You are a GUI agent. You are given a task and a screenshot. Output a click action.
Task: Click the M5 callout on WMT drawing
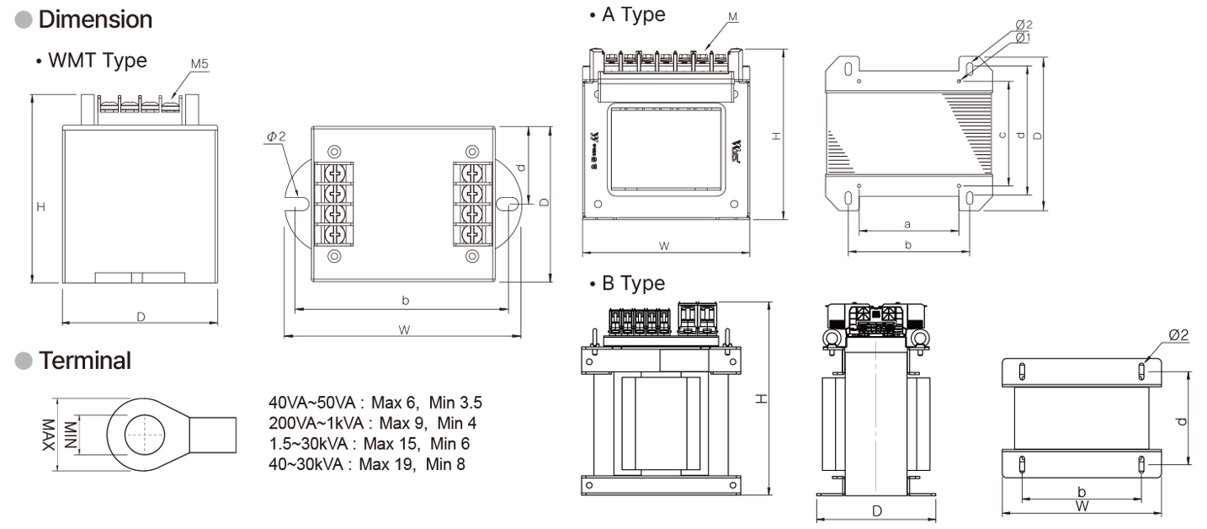click(199, 65)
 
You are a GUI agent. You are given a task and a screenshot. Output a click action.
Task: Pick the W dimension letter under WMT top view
click(404, 330)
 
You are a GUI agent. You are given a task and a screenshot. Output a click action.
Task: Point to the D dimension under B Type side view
click(876, 511)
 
